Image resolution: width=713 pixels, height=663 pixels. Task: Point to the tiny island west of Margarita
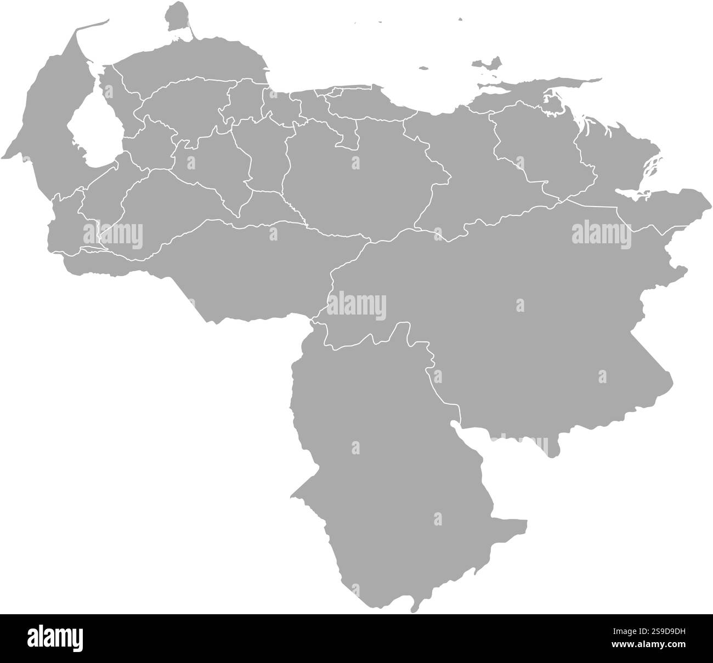coord(423,68)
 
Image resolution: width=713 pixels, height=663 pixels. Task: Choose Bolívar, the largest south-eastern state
coord(521,329)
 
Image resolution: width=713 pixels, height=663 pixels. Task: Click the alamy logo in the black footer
coord(55,638)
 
